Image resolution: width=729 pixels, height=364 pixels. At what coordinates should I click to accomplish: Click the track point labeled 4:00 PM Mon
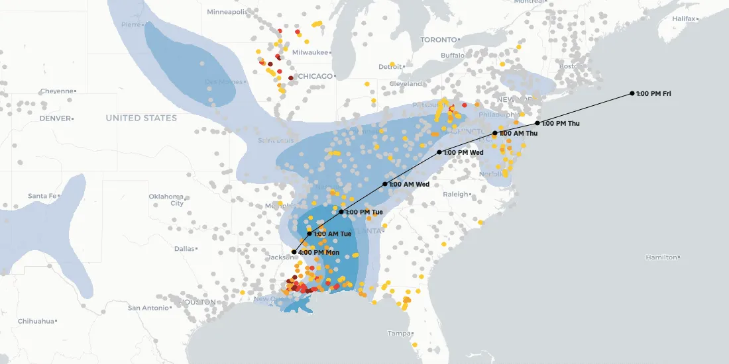[294, 252]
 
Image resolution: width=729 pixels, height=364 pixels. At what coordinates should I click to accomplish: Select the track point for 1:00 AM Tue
[309, 234]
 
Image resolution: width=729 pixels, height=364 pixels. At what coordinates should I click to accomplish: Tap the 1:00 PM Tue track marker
[342, 212]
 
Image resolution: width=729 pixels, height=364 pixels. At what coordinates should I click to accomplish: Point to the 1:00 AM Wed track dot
[385, 184]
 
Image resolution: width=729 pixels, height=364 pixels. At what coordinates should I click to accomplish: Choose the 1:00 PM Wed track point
[439, 152]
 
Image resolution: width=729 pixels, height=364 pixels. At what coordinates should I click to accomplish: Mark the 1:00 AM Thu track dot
[495, 134]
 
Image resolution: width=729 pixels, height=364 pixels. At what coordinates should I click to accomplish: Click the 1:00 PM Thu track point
[537, 123]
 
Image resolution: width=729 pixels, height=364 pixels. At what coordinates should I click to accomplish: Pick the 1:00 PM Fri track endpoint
[632, 93]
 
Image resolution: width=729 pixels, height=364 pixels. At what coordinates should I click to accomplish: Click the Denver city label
[54, 118]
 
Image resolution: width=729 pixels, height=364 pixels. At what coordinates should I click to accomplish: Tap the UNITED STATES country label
[141, 118]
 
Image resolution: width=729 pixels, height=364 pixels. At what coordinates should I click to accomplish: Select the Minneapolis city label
[227, 12]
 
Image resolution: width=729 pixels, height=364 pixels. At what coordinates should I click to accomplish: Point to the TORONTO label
[439, 40]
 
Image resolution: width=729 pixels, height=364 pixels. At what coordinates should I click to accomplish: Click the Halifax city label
[683, 19]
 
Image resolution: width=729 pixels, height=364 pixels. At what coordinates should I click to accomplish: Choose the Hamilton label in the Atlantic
[661, 257]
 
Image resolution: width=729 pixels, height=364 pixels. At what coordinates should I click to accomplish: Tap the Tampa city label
[399, 333]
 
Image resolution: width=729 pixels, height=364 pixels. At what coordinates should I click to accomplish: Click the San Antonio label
[149, 308]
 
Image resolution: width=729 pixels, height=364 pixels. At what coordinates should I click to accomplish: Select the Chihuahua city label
[36, 321]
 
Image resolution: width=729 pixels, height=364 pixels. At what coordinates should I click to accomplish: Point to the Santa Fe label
[43, 196]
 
